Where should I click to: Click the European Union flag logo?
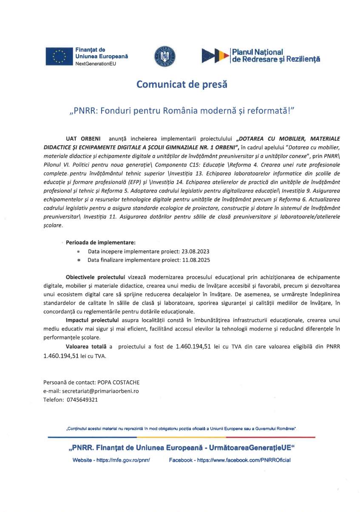tap(59, 57)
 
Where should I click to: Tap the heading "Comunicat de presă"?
tap(181, 85)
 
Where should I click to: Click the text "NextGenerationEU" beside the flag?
tap(95, 64)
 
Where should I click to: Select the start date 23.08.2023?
tap(195, 251)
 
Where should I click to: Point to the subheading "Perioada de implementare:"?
tap(101, 243)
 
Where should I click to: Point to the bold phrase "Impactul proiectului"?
tap(91, 319)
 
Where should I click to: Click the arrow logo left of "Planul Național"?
tap(215, 56)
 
